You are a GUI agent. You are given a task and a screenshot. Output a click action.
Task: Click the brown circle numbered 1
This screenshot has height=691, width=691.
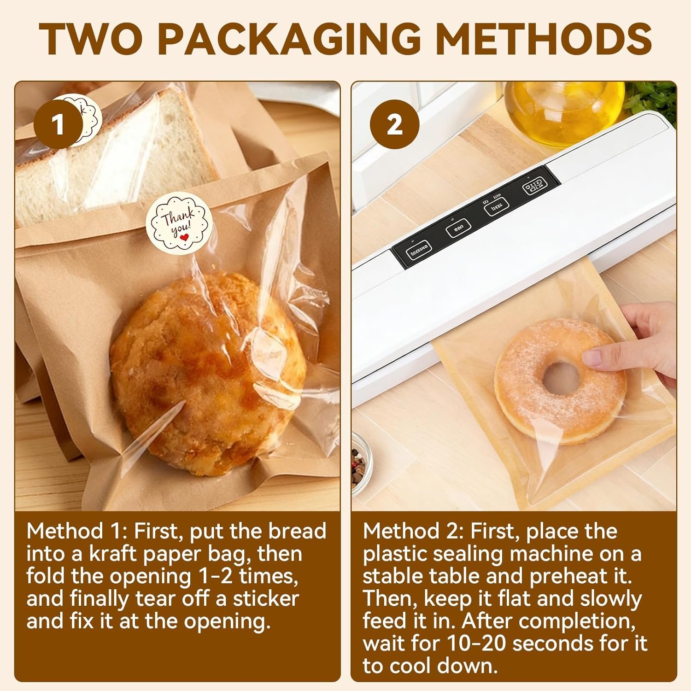(58, 125)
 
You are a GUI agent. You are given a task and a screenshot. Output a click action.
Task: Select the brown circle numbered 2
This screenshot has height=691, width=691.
(394, 125)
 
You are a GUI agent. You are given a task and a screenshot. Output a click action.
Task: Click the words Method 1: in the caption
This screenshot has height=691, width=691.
(76, 531)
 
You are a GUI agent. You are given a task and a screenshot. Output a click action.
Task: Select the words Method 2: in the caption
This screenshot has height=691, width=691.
(412, 531)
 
